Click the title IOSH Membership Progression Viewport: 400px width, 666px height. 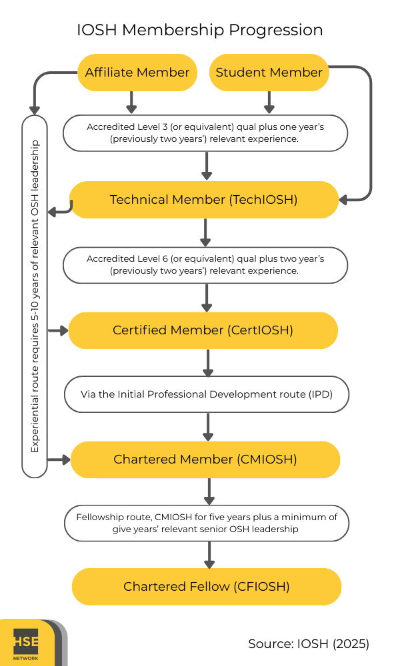[200, 30]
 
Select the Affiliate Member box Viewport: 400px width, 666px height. [137, 73]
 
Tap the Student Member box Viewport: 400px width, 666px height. [269, 73]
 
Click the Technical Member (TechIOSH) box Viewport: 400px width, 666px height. [204, 200]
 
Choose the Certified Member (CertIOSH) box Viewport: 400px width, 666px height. [203, 330]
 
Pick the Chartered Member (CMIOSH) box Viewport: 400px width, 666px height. [205, 460]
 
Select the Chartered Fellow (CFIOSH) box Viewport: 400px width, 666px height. [207, 587]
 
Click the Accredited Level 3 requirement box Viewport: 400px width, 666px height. [205, 133]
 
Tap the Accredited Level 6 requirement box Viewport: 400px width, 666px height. [205, 265]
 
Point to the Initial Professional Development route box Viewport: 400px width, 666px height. [206, 394]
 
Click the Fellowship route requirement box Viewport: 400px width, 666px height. [207, 523]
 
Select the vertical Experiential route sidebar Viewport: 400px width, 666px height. [35, 296]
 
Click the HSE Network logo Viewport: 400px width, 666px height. [27, 644]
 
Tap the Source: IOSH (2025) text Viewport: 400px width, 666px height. [308, 644]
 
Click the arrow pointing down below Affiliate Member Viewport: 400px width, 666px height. [131, 103]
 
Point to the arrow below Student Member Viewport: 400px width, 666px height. [269, 103]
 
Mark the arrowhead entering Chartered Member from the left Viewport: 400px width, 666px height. [65, 460]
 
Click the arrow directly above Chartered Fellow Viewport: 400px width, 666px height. [209, 555]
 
